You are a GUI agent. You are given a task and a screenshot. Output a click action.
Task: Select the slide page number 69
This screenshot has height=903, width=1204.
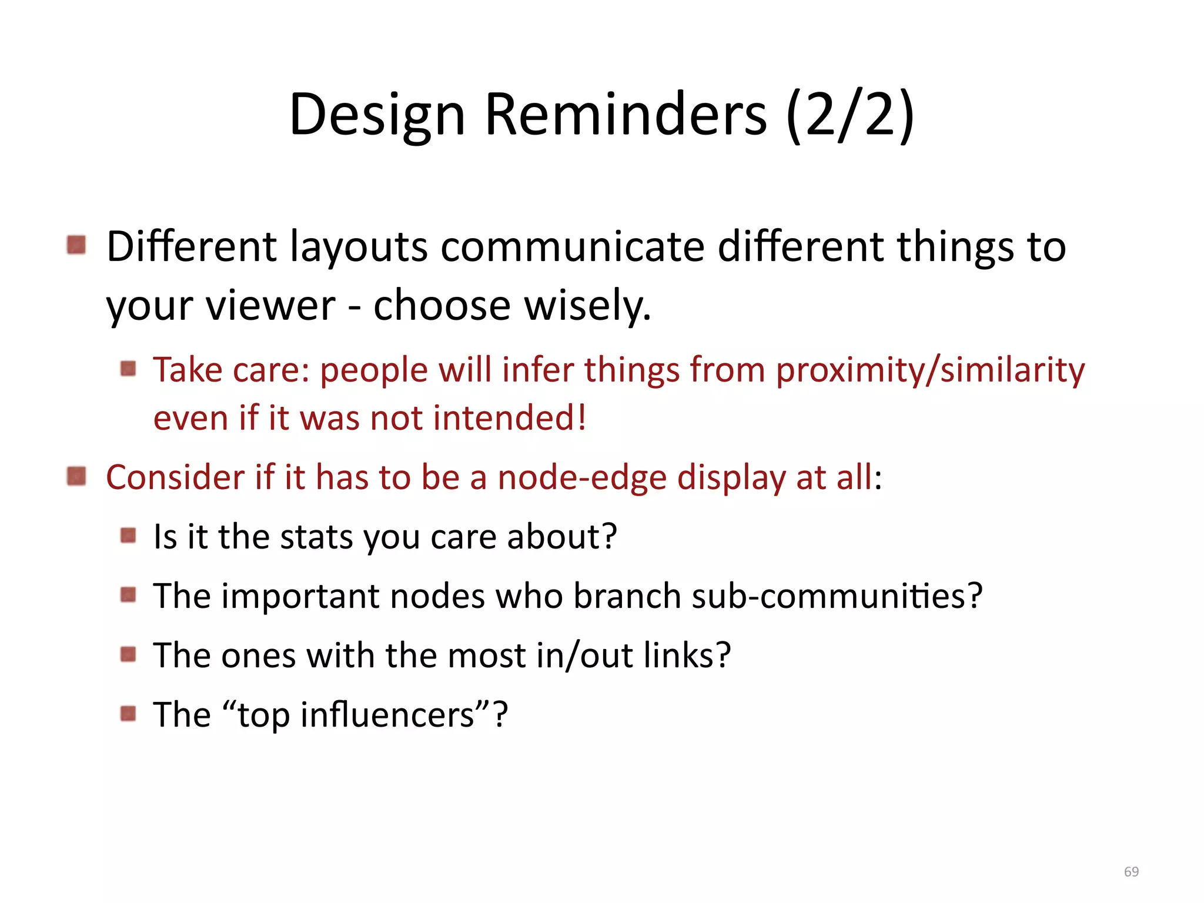(1131, 871)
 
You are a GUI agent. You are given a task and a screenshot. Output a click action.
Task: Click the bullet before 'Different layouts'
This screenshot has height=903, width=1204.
(76, 245)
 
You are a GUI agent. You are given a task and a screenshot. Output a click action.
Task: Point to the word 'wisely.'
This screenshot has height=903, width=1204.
(587, 306)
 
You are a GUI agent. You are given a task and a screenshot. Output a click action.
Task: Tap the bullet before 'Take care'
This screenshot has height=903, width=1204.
(128, 369)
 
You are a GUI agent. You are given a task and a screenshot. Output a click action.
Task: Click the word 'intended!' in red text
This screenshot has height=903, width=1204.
(510, 418)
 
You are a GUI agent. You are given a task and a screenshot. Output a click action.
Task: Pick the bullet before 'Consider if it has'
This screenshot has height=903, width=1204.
(76, 476)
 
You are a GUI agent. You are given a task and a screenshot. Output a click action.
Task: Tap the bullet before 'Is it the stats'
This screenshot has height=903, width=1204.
(128, 536)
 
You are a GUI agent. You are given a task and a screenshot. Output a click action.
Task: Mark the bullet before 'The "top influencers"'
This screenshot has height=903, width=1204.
(128, 714)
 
